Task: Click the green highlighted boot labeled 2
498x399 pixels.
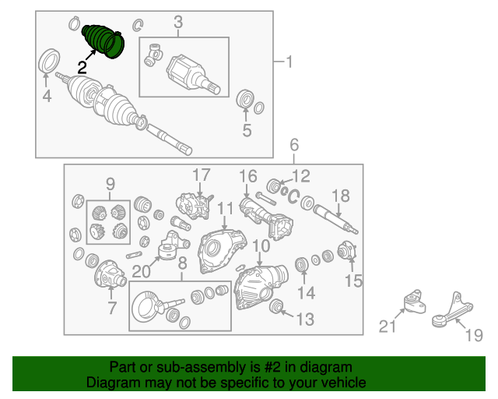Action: tap(103, 41)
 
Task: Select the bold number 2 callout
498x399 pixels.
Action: tap(82, 68)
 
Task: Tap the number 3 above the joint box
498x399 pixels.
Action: tap(178, 23)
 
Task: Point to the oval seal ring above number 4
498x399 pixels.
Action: tap(49, 61)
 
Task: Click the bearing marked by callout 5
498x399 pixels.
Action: tap(245, 99)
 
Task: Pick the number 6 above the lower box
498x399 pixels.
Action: tap(294, 145)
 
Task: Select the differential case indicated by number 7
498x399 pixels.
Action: tap(110, 274)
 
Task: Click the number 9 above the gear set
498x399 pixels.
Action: tap(110, 184)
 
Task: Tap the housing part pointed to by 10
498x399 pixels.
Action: tap(261, 287)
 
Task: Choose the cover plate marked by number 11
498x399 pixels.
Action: tap(222, 252)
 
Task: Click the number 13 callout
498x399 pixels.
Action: tap(305, 320)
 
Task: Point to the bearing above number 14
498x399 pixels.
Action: tap(301, 265)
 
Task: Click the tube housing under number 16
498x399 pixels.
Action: tap(266, 218)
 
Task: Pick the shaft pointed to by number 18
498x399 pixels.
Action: tap(335, 219)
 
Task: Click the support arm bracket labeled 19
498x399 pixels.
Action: tap(452, 310)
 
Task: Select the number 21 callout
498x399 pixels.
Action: tap(388, 327)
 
